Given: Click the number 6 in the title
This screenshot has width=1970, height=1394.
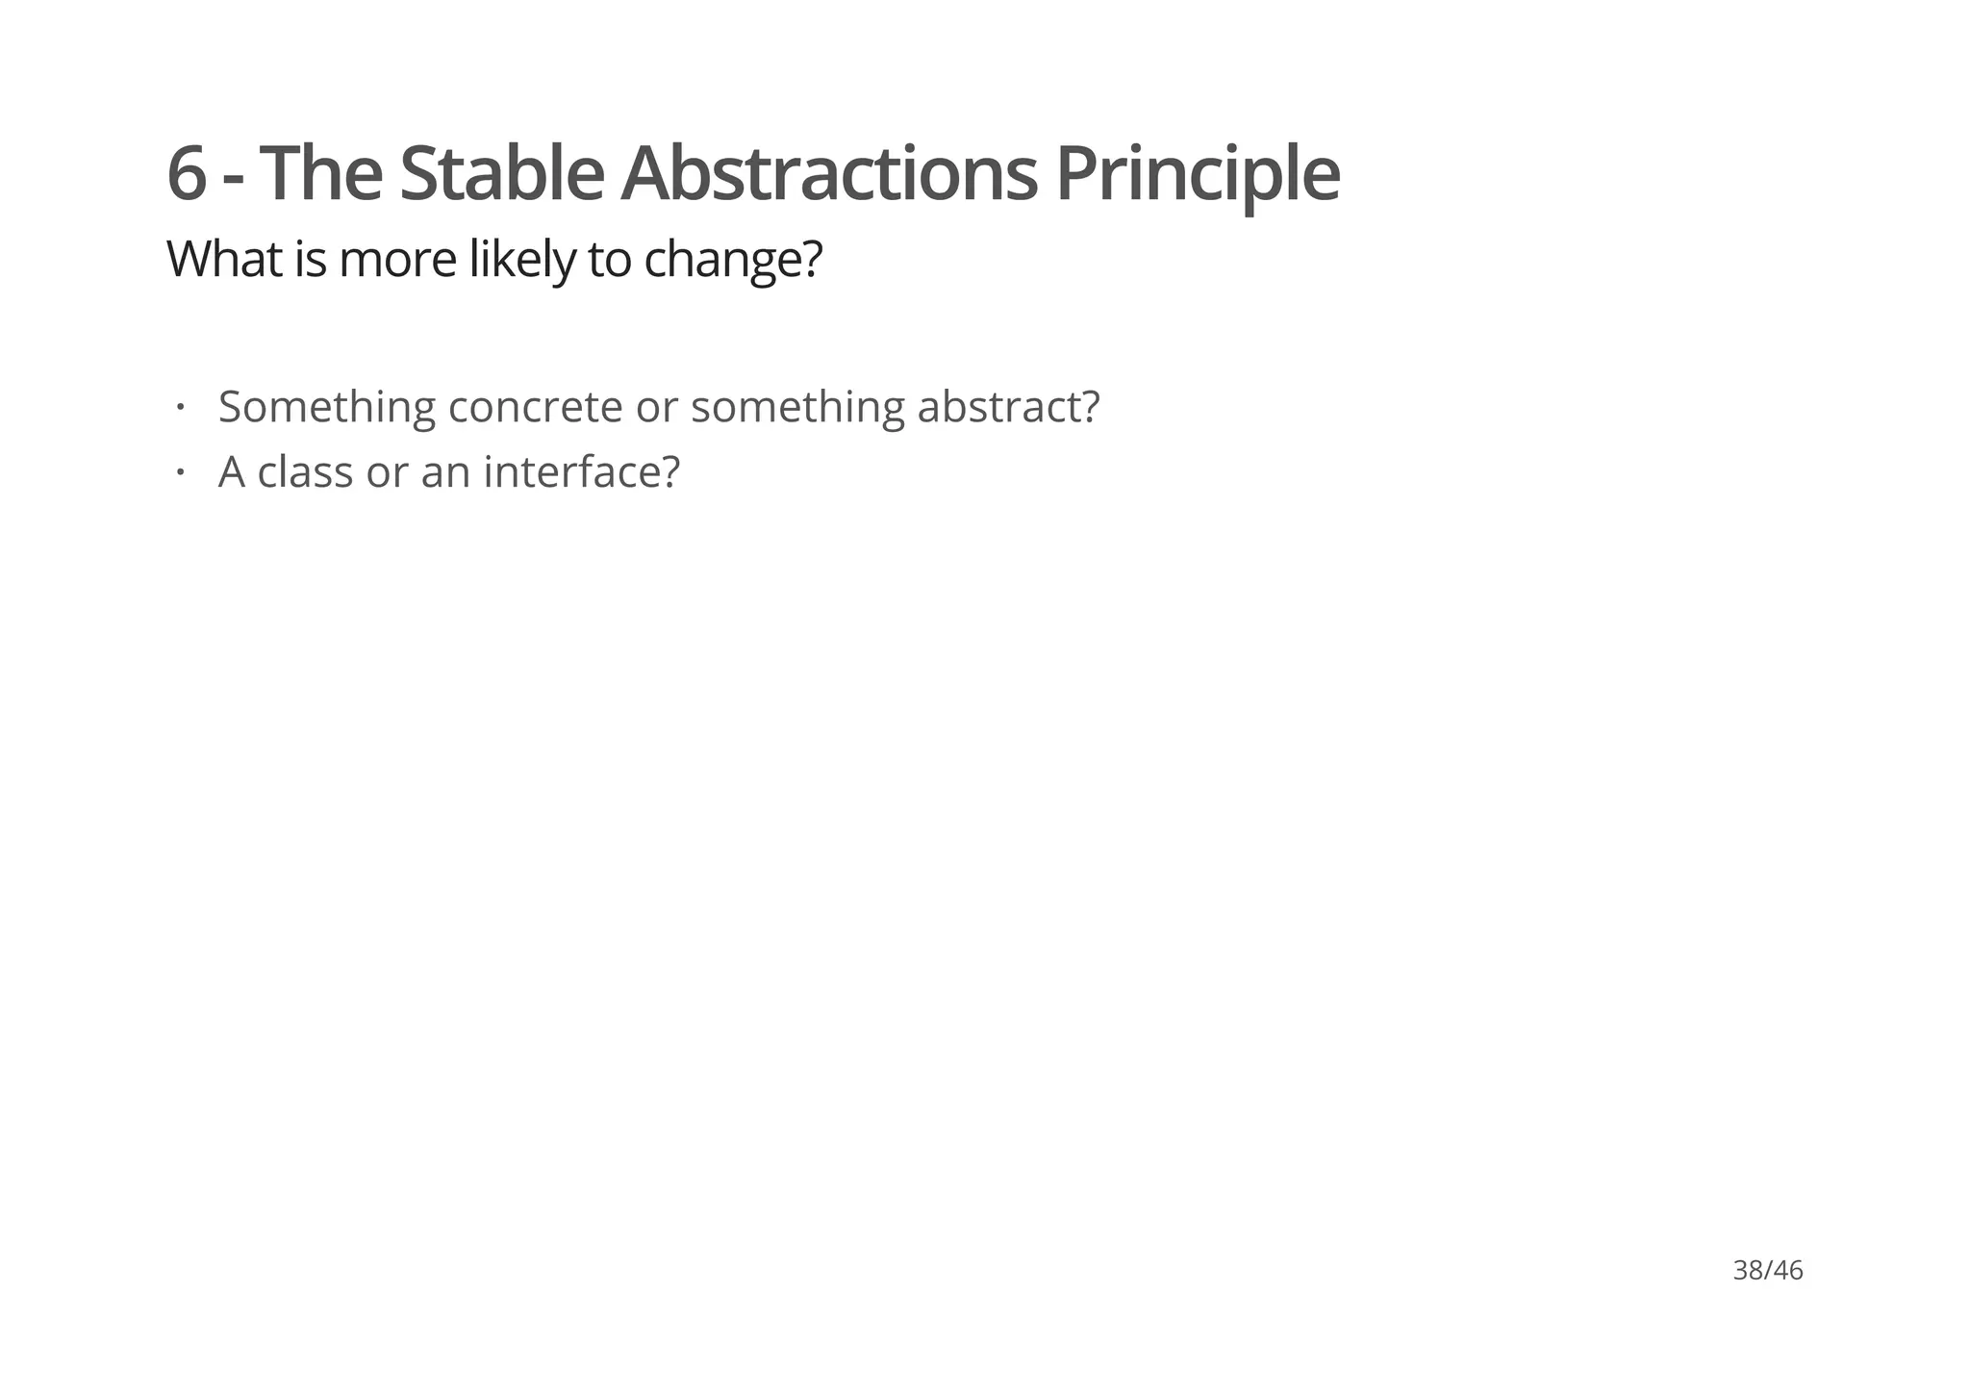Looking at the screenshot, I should (x=187, y=174).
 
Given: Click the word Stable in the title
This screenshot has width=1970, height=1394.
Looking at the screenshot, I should (x=501, y=174).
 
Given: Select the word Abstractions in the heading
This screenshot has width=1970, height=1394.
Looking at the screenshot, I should (x=829, y=174).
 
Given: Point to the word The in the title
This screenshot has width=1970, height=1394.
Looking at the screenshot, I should (x=320, y=174).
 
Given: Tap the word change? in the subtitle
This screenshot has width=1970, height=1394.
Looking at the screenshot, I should (x=733, y=260).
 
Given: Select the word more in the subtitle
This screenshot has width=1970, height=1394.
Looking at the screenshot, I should (x=397, y=260).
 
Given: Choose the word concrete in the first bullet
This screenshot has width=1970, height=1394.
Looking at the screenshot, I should (x=536, y=407).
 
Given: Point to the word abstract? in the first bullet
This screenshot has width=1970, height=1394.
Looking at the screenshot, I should (x=1008, y=407).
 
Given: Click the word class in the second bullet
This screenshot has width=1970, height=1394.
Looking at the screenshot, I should (x=305, y=472).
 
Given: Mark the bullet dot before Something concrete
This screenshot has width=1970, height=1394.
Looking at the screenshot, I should (x=180, y=407).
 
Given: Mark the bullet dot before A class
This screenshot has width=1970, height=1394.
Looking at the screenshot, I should (x=180, y=472).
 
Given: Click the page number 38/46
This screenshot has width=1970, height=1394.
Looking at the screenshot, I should (x=1767, y=1271).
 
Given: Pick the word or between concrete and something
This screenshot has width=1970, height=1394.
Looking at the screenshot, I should (x=656, y=407).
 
